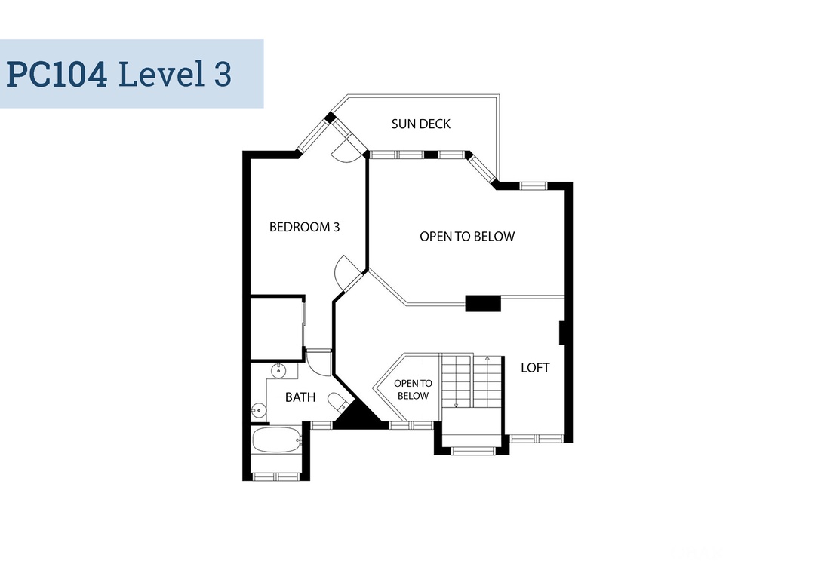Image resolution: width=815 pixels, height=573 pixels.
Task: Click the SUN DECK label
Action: (x=420, y=124)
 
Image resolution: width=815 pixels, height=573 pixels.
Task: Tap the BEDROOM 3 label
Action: (x=305, y=227)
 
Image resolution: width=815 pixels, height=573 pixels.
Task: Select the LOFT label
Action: (x=535, y=368)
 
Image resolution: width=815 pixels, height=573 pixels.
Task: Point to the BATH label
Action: (x=300, y=397)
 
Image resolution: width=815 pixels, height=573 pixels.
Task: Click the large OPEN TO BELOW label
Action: (x=467, y=237)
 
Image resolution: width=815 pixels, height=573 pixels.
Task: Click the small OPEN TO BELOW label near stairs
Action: (x=414, y=390)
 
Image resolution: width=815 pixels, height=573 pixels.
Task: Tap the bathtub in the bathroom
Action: (x=276, y=440)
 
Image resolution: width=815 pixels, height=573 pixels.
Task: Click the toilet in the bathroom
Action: (x=338, y=402)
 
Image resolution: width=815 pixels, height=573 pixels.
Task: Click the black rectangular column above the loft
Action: (x=483, y=303)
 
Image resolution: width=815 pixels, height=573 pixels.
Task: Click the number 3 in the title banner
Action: (x=223, y=74)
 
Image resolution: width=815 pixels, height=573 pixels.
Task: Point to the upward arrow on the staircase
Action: (x=487, y=381)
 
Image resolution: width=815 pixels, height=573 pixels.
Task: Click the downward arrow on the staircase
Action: (x=457, y=381)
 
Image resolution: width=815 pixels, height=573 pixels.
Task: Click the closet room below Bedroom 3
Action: (x=277, y=328)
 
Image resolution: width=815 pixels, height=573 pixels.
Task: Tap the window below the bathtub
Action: (x=276, y=476)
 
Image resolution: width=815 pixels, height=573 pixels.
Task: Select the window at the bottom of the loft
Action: (x=537, y=439)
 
